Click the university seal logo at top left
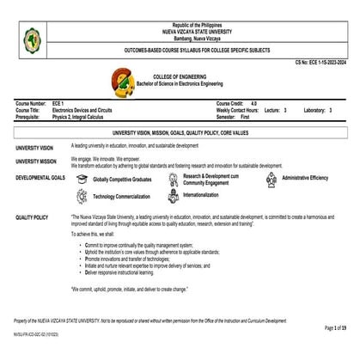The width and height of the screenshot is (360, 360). pyautogui.click(x=34, y=39)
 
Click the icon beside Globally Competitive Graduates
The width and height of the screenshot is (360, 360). pyautogui.click(x=82, y=179)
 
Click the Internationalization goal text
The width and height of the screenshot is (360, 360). pyautogui.click(x=201, y=195)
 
